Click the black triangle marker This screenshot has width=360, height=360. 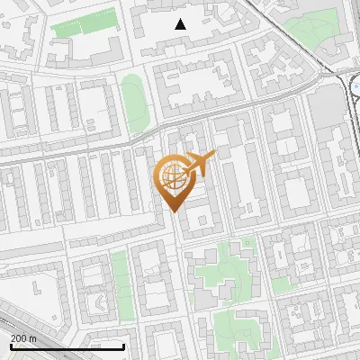181,24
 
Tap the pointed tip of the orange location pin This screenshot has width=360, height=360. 173,212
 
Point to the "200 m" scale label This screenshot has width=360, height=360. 23,337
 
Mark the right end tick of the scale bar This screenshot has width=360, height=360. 123,346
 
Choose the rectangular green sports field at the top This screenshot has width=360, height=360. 85,23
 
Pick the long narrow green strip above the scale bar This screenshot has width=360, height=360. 120,283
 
